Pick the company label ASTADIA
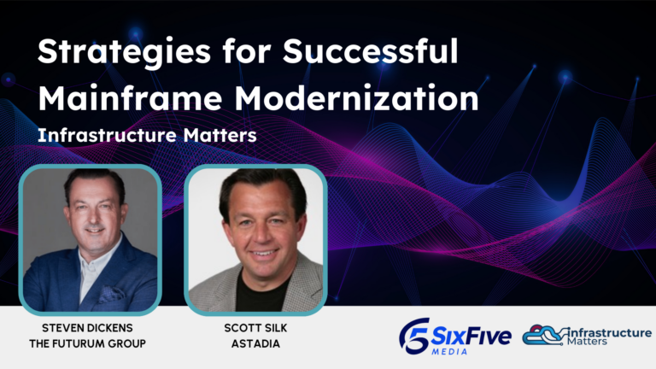[x=255, y=343]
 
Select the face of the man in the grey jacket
[x=255, y=220]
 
